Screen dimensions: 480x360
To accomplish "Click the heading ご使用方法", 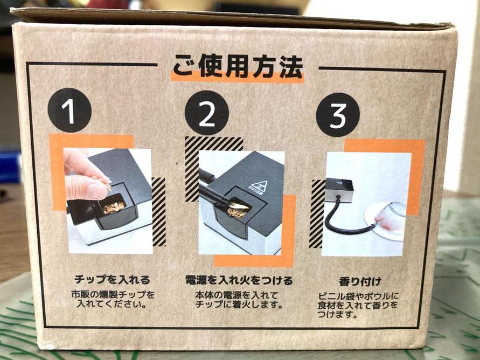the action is pos(238,67).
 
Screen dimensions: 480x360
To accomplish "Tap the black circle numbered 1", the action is pos(70,110).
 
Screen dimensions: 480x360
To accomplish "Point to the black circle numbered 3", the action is pos(338,115).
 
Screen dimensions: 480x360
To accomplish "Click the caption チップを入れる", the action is pos(113,280).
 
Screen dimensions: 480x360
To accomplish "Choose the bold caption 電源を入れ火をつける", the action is pos(239,280).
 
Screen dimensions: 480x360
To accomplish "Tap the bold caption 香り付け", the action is pos(360,281).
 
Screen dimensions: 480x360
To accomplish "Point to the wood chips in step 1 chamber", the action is pos(113,207).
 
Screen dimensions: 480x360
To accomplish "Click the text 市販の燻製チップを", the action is pos(113,295).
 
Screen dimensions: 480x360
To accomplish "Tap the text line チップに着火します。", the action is pos(239,305).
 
